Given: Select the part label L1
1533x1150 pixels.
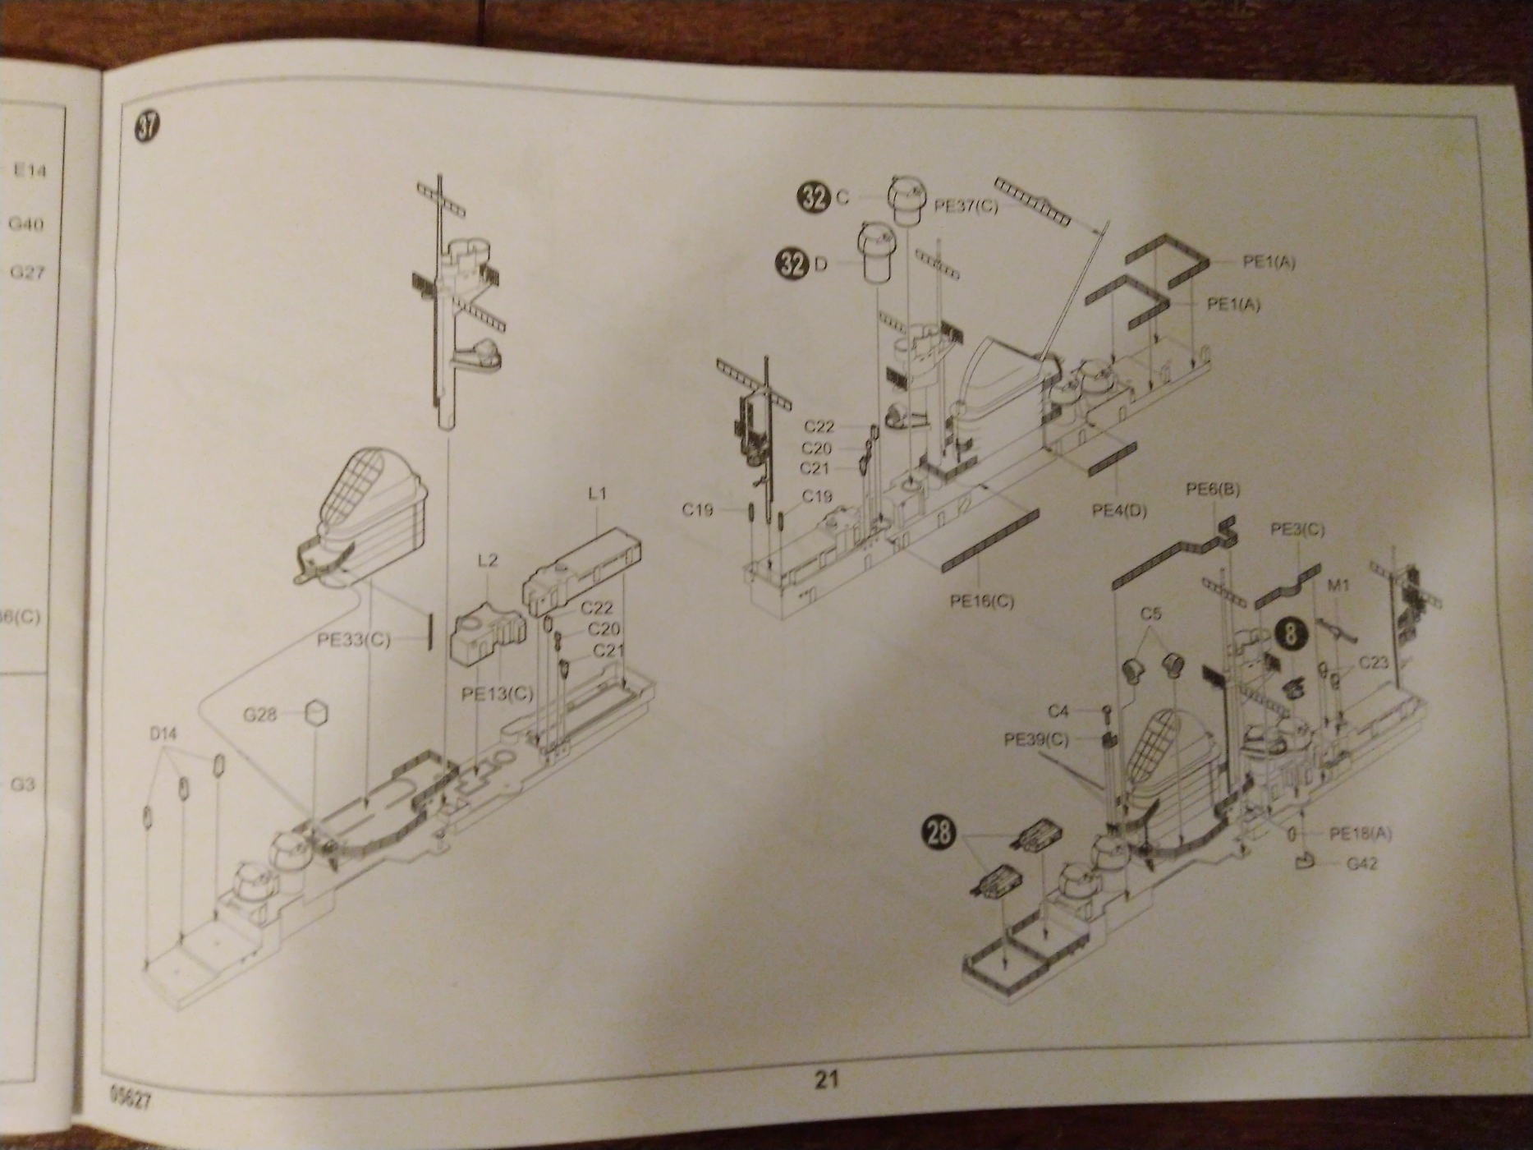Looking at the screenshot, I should (x=597, y=494).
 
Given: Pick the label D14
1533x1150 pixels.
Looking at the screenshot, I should (x=163, y=732).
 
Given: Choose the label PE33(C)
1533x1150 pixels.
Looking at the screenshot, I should (x=354, y=640).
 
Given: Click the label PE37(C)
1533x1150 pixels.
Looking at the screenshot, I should (x=966, y=205).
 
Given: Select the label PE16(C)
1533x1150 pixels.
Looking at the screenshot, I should (x=982, y=601).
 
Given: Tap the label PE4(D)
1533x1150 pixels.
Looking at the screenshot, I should (x=1118, y=510).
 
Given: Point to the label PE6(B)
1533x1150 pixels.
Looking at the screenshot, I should (x=1213, y=490).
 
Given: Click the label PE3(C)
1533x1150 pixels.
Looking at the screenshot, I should (x=1297, y=530).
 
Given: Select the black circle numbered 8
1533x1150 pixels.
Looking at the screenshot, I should (x=1292, y=634).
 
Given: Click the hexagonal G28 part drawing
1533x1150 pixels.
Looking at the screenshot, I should (x=316, y=712).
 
